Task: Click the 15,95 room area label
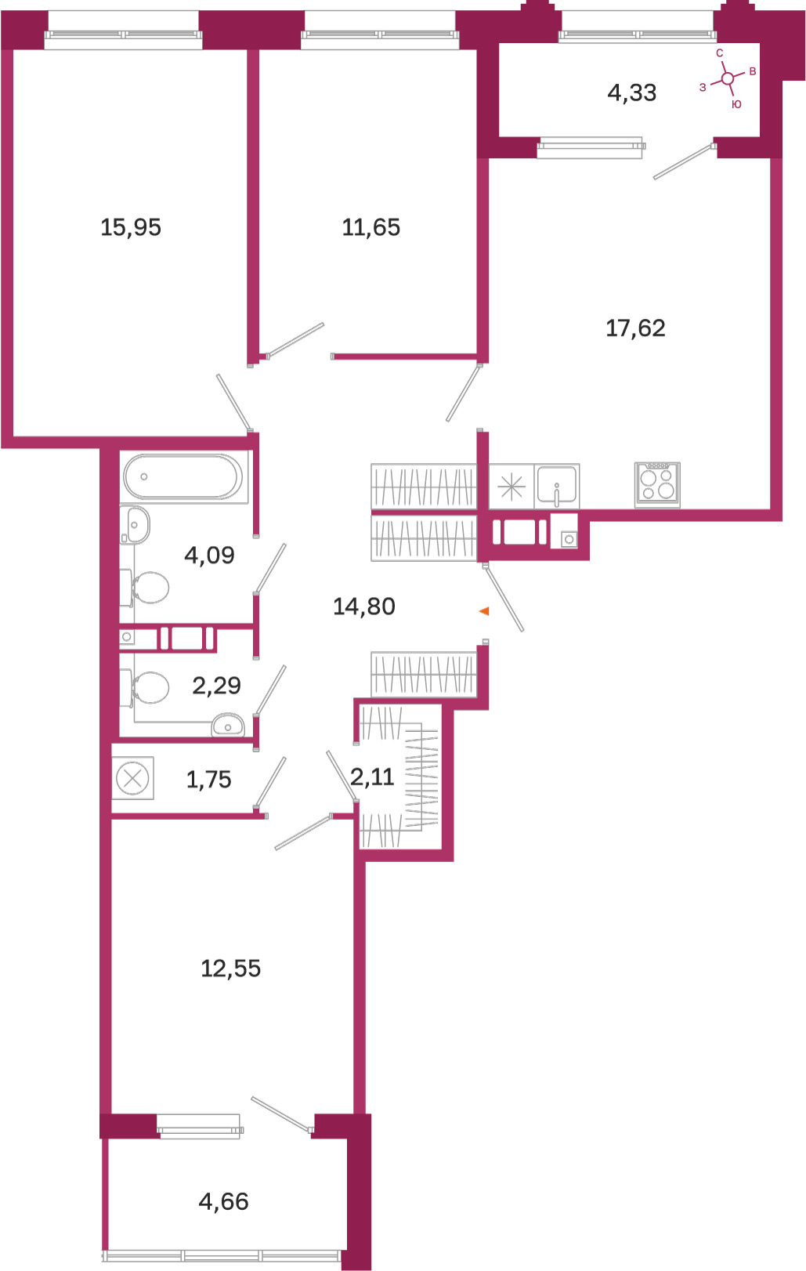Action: (x=131, y=227)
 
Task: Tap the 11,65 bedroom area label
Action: (x=371, y=227)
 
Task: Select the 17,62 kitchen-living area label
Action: (x=635, y=328)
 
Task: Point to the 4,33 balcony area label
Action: (x=632, y=92)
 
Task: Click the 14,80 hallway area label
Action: (x=364, y=607)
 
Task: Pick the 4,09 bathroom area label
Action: (x=209, y=555)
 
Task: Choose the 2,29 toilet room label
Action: (x=217, y=686)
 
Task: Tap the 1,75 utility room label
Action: (x=208, y=780)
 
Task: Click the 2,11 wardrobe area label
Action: (x=372, y=777)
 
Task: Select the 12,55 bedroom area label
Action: (x=231, y=969)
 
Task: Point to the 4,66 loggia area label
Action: (x=223, y=1201)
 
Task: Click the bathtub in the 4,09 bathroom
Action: (x=184, y=477)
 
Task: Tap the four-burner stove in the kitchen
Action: (x=657, y=485)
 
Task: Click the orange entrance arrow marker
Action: (x=484, y=611)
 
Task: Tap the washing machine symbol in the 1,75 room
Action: (x=132, y=778)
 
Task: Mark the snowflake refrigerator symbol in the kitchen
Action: (x=511, y=487)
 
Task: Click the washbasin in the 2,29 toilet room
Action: (x=227, y=725)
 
